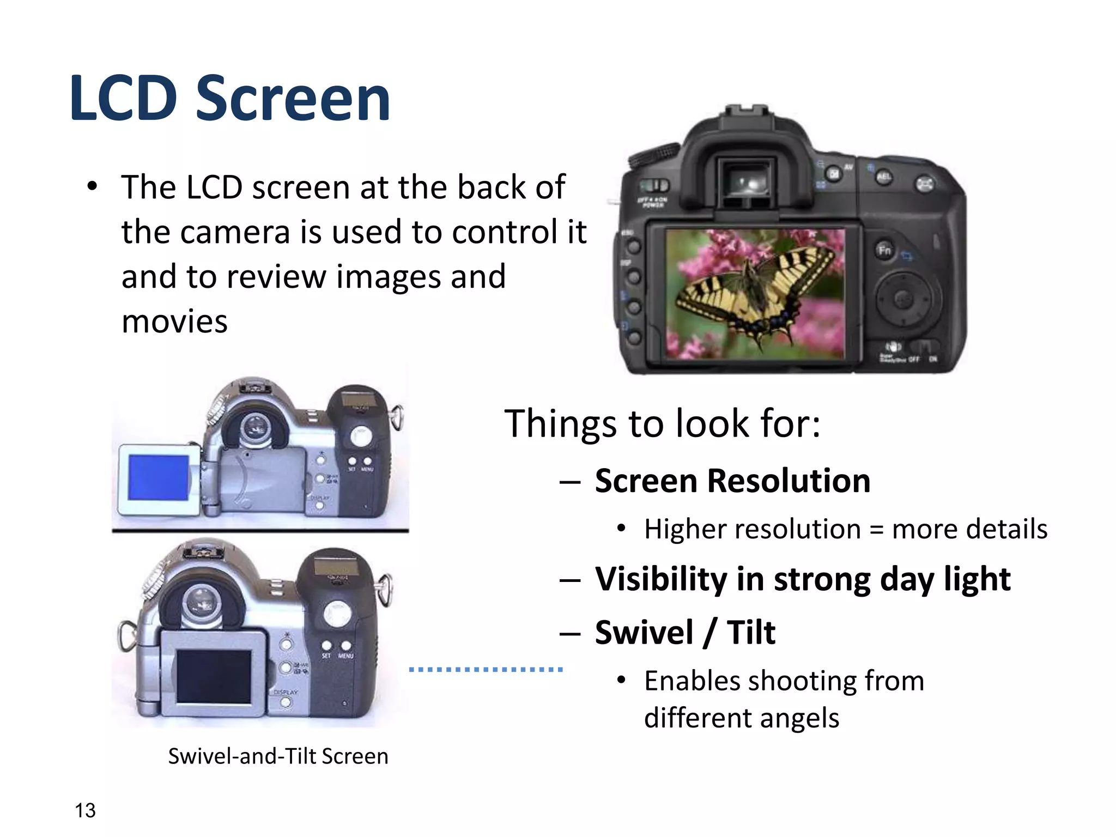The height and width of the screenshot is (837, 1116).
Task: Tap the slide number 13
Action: click(x=85, y=810)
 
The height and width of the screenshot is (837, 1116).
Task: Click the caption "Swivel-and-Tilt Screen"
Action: click(x=278, y=756)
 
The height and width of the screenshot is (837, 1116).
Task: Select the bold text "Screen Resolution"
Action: click(x=732, y=481)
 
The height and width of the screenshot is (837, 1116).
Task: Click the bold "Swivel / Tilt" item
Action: click(x=685, y=632)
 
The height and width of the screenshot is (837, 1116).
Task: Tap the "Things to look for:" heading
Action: click(x=662, y=423)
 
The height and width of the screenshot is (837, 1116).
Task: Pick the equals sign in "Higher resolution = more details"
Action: click(x=876, y=530)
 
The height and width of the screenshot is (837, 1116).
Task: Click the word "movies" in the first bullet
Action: click(x=174, y=322)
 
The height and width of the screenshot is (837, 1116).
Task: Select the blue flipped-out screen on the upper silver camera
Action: click(x=159, y=478)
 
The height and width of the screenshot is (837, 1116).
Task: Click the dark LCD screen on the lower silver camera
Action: click(x=214, y=676)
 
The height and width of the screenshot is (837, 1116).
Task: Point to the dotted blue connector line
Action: click(x=486, y=669)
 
